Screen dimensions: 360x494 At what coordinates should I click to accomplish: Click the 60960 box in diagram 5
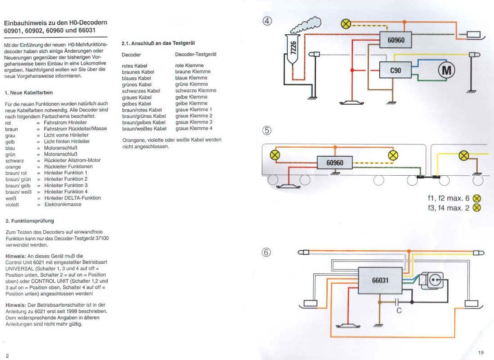click(336, 162)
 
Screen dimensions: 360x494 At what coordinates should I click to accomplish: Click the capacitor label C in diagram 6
click(399, 311)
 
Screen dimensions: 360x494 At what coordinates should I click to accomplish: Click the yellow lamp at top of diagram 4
click(346, 24)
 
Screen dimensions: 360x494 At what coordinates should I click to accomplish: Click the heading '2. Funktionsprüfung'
click(30, 221)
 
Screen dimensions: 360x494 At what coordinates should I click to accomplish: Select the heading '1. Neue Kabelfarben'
click(29, 92)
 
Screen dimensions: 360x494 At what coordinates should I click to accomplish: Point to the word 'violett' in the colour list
click(12, 205)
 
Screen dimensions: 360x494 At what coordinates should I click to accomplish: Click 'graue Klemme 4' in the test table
click(194, 128)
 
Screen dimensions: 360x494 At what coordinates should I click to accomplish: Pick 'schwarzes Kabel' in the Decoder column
click(137, 90)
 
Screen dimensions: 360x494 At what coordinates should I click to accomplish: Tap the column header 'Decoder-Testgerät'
click(196, 54)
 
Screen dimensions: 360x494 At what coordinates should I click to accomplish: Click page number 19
click(480, 352)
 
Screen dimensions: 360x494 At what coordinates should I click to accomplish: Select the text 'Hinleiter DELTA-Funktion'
click(72, 198)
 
